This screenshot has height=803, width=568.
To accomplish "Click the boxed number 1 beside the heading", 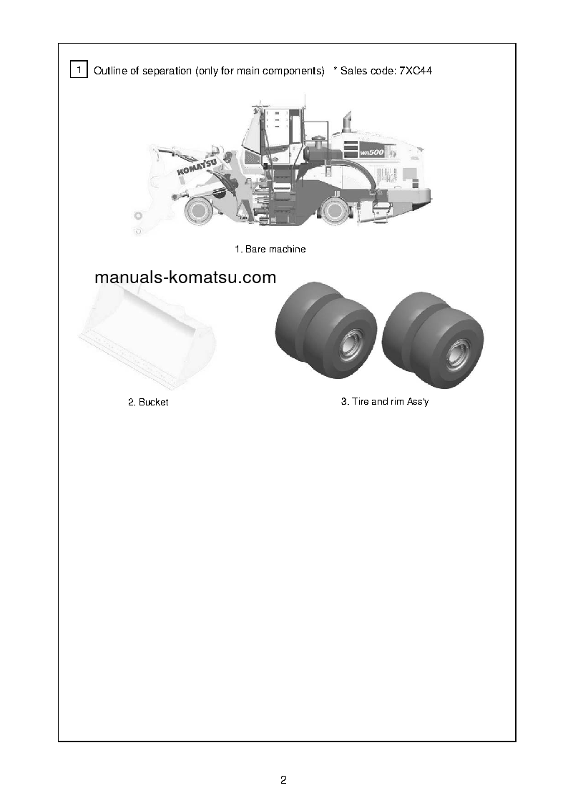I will [x=79, y=69].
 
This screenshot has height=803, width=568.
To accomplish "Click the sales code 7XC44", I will [x=415, y=71].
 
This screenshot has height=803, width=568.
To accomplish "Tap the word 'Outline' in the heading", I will [x=110, y=71].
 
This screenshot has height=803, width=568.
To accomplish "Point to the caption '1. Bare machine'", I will [x=270, y=250].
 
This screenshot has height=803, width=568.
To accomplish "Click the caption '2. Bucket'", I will [x=148, y=403].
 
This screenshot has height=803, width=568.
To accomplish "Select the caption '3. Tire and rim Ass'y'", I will [x=385, y=402].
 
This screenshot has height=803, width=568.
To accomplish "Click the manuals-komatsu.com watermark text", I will [x=185, y=277].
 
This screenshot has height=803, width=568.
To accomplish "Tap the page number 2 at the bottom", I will [x=284, y=779].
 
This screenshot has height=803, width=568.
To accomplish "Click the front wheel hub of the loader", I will [x=197, y=210].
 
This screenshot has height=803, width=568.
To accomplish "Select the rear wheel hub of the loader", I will [x=334, y=210].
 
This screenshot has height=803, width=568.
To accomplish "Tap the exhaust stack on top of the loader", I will [x=348, y=122].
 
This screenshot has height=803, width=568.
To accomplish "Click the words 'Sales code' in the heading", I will [x=364, y=71].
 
